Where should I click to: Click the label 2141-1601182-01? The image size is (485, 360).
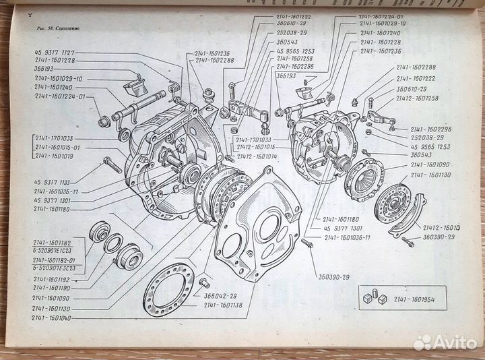click(58, 260)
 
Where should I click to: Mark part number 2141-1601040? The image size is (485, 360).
click(55, 316)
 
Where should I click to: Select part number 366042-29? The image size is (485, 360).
click(219, 295)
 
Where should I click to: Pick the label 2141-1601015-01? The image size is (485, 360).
click(58, 147)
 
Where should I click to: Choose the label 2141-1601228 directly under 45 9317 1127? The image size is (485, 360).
click(55, 61)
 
